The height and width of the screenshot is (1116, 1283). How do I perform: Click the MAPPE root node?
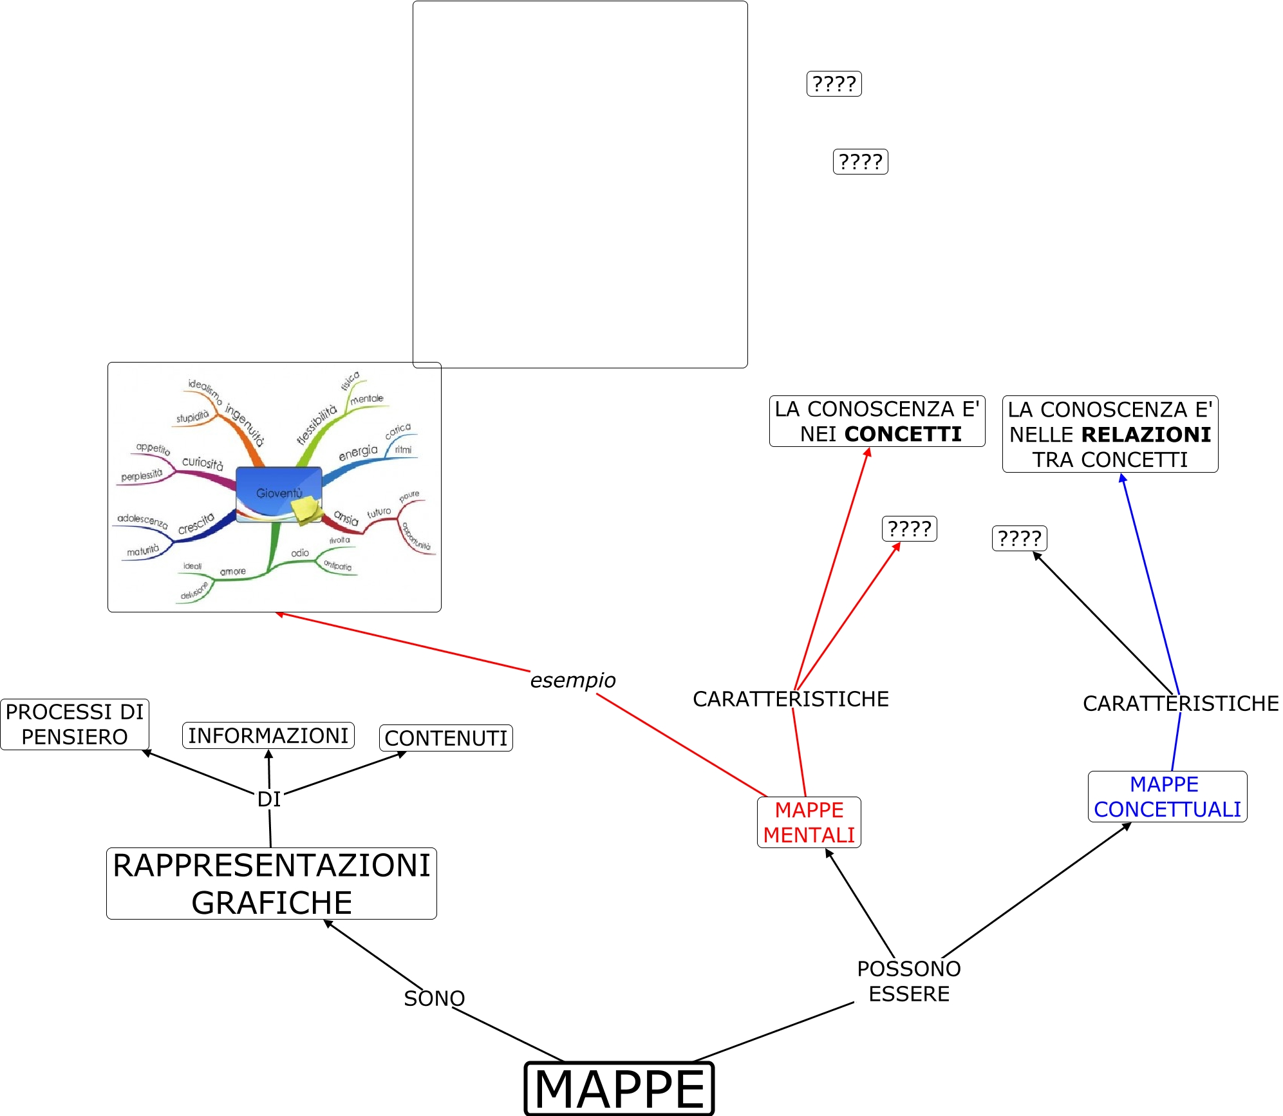pyautogui.click(x=619, y=1088)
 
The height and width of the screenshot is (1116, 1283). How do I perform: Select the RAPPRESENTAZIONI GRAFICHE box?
pyautogui.click(x=272, y=884)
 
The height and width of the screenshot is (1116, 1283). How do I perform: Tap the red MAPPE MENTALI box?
pyautogui.click(x=809, y=822)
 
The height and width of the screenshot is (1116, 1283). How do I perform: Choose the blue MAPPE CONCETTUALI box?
pyautogui.click(x=1167, y=797)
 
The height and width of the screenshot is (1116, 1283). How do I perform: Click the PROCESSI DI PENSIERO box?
pyautogui.click(x=75, y=724)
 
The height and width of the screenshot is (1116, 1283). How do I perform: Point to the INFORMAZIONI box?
pyautogui.click(x=268, y=735)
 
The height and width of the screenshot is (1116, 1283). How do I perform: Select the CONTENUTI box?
pyautogui.click(x=446, y=738)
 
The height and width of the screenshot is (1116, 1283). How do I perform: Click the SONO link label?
pyautogui.click(x=434, y=998)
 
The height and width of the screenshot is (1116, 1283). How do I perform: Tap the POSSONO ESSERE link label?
pyautogui.click(x=909, y=981)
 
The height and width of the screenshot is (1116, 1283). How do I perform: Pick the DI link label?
pyautogui.click(x=269, y=799)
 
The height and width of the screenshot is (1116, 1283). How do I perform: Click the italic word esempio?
pyautogui.click(x=572, y=680)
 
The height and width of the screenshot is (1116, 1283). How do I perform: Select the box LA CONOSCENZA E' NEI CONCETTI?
pyautogui.click(x=877, y=421)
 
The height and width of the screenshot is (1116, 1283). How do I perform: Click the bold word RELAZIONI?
pyautogui.click(x=1146, y=435)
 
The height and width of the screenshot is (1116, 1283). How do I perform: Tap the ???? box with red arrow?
pyautogui.click(x=909, y=529)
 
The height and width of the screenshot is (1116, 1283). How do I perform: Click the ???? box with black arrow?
pyautogui.click(x=1020, y=538)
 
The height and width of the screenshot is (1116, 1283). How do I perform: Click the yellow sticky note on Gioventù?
pyautogui.click(x=306, y=510)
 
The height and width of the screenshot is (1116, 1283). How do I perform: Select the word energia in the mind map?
pyautogui.click(x=358, y=452)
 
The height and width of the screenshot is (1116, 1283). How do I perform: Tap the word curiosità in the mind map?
pyautogui.click(x=202, y=463)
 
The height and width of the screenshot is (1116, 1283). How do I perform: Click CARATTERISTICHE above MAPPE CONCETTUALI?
pyautogui.click(x=1181, y=703)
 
